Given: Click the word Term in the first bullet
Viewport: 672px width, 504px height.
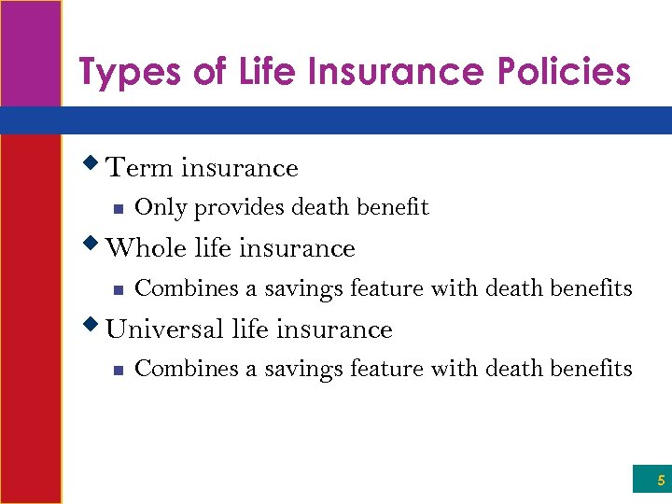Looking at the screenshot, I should (x=140, y=168).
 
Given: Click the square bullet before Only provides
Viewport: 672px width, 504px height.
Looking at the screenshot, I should (x=116, y=209).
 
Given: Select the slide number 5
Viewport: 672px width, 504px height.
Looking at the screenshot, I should (x=661, y=481).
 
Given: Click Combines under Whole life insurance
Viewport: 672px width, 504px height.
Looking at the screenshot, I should (x=187, y=288).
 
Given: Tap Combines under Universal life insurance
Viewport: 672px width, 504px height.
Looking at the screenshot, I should (x=187, y=369).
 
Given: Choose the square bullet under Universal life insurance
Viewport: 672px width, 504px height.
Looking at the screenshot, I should (x=116, y=371).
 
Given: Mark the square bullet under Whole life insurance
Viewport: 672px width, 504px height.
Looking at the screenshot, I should (x=116, y=290).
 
